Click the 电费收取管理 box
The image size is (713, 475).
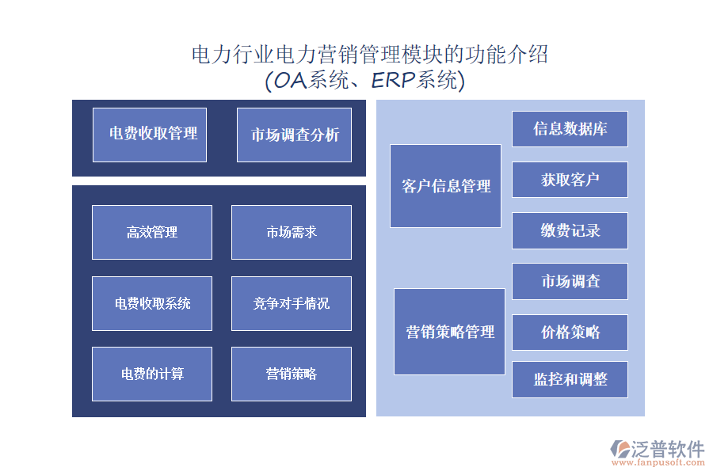150,135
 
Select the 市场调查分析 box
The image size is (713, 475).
294,135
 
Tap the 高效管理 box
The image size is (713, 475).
152,232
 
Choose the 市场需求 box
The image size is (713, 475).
292,232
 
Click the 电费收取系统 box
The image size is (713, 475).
152,303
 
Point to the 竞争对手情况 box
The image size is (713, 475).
292,303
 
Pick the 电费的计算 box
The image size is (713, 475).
152,374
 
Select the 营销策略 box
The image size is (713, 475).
292,374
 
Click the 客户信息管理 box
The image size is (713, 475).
445,186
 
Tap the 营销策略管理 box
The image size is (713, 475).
449,332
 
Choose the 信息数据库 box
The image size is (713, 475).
570,129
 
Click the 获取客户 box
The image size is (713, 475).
570,180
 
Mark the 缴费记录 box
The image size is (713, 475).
570,230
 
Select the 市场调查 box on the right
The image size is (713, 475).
570,281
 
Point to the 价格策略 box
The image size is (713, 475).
570,332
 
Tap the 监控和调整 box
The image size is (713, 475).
570,380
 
